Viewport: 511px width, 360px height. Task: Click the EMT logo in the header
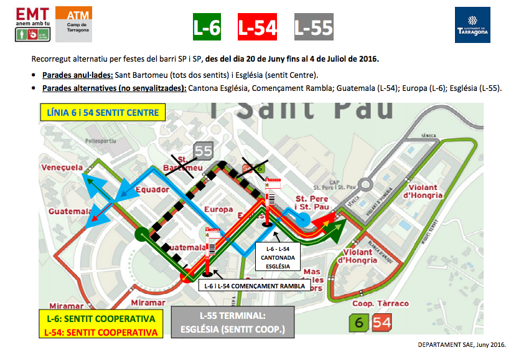tap(32, 24)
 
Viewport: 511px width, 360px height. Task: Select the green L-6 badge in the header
tap(207, 27)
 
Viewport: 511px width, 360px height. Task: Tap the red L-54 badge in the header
tap(258, 27)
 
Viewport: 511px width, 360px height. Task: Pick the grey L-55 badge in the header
tap(313, 27)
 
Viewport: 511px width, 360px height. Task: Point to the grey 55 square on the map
tap(204, 150)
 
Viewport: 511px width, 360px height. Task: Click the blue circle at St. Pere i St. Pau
tap(303, 219)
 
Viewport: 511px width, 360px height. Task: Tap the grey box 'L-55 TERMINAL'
tap(232, 322)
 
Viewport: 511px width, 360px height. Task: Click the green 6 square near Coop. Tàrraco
tap(359, 323)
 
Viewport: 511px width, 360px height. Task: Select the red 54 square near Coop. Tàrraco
tap(382, 323)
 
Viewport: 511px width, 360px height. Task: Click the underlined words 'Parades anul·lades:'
tap(77, 75)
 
